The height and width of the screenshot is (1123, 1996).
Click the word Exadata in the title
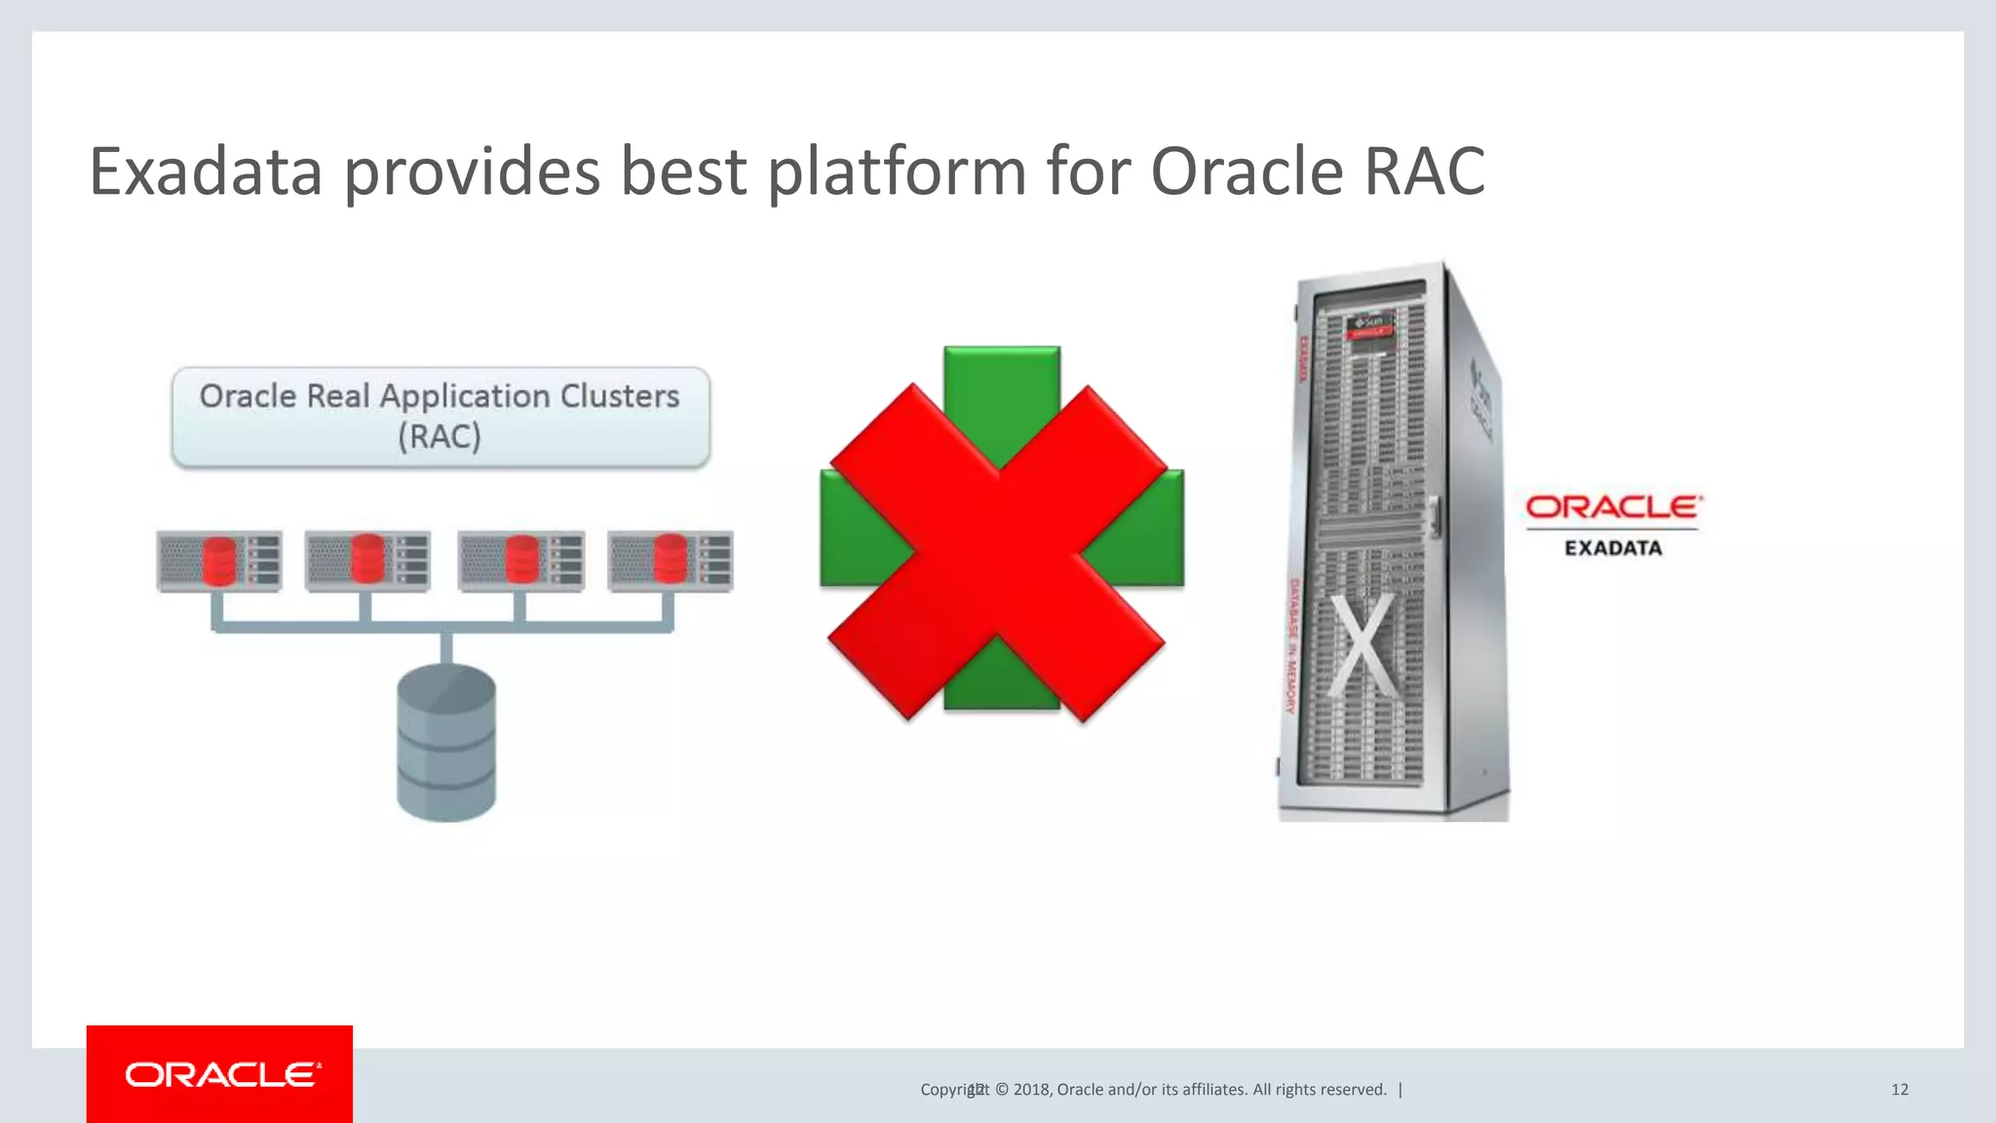pyautogui.click(x=206, y=172)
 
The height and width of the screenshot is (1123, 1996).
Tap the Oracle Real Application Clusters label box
pyautogui.click(x=441, y=417)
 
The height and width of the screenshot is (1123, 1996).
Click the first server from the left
pyautogui.click(x=219, y=561)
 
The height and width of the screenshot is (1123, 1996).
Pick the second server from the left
pyautogui.click(x=367, y=561)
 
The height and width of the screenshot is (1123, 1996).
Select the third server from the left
pyautogui.click(x=521, y=561)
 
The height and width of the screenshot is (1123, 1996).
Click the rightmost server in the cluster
pyautogui.click(x=671, y=561)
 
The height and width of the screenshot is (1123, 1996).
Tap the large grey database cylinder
pyautogui.click(x=446, y=743)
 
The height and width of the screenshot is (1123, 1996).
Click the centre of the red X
pyautogui.click(x=998, y=553)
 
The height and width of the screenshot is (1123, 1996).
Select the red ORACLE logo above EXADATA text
pyautogui.click(x=1613, y=507)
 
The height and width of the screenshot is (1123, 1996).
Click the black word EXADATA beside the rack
pyautogui.click(x=1613, y=548)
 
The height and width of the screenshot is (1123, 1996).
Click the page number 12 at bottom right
pyautogui.click(x=1900, y=1090)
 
